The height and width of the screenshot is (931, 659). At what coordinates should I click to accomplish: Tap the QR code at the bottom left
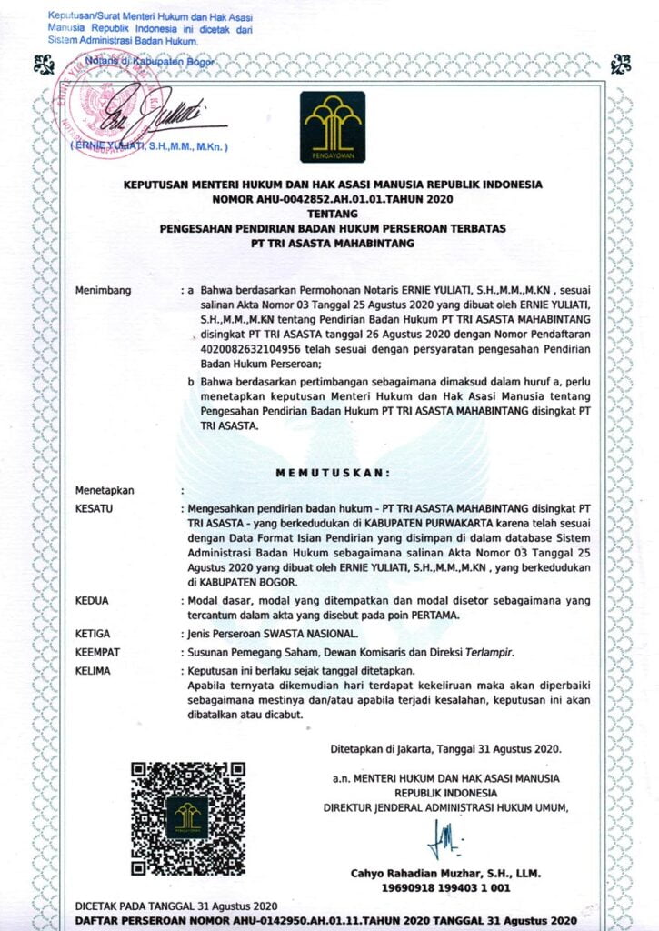click(188, 818)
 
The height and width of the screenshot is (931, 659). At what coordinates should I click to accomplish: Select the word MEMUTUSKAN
click(333, 472)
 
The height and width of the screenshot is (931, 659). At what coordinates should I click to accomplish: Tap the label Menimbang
click(104, 291)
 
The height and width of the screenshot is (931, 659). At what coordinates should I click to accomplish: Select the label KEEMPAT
click(98, 652)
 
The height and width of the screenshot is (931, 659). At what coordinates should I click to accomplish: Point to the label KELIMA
click(93, 671)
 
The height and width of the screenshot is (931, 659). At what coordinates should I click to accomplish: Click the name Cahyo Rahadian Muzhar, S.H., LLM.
click(445, 874)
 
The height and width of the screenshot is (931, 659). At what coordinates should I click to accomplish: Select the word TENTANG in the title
click(333, 212)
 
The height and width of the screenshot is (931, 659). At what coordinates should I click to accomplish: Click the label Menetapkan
click(105, 491)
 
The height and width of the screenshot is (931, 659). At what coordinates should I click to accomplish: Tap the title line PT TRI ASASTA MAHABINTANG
click(333, 244)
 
